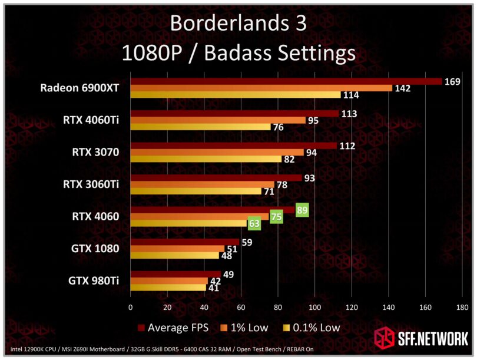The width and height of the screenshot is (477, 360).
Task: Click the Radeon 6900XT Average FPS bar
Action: [286, 81]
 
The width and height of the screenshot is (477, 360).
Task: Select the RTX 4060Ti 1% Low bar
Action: [218, 120]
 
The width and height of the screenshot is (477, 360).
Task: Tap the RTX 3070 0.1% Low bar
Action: [206, 159]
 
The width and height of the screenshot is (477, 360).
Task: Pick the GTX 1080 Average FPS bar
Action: [184, 242]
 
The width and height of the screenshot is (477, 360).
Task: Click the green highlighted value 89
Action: [303, 209]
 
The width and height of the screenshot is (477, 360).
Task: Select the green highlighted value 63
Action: [254, 224]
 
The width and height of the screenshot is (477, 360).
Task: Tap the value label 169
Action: [452, 81]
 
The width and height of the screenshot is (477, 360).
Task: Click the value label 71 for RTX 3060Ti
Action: [269, 191]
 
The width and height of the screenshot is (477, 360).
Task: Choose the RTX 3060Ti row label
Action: [91, 184]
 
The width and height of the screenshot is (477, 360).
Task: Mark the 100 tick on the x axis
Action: [315, 307]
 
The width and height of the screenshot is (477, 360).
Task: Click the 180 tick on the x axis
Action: [462, 307]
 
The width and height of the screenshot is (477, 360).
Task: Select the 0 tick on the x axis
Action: [130, 307]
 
